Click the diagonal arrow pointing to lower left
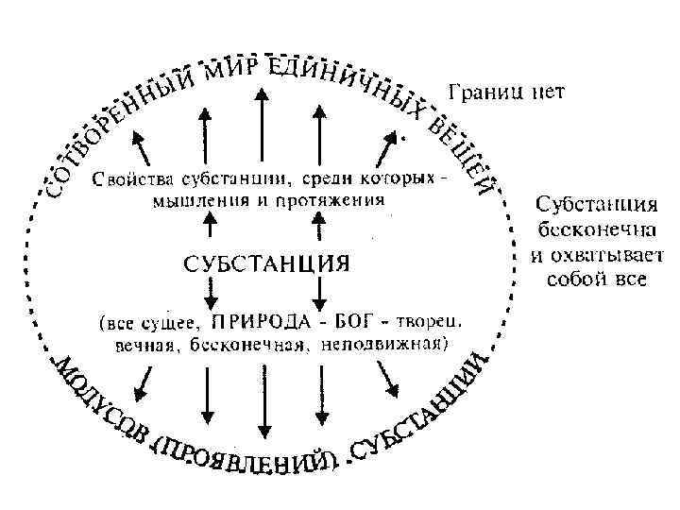144,380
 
